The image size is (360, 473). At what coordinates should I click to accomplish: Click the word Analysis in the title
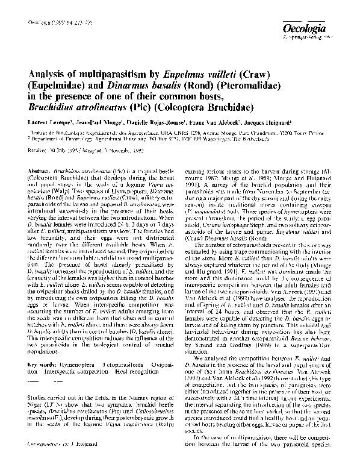click(51, 75)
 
